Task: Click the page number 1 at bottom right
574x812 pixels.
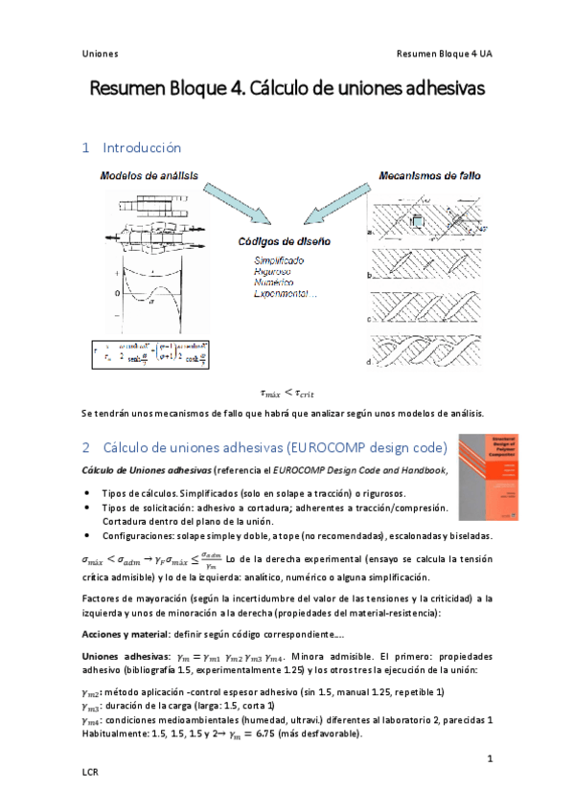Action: pyautogui.click(x=489, y=758)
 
